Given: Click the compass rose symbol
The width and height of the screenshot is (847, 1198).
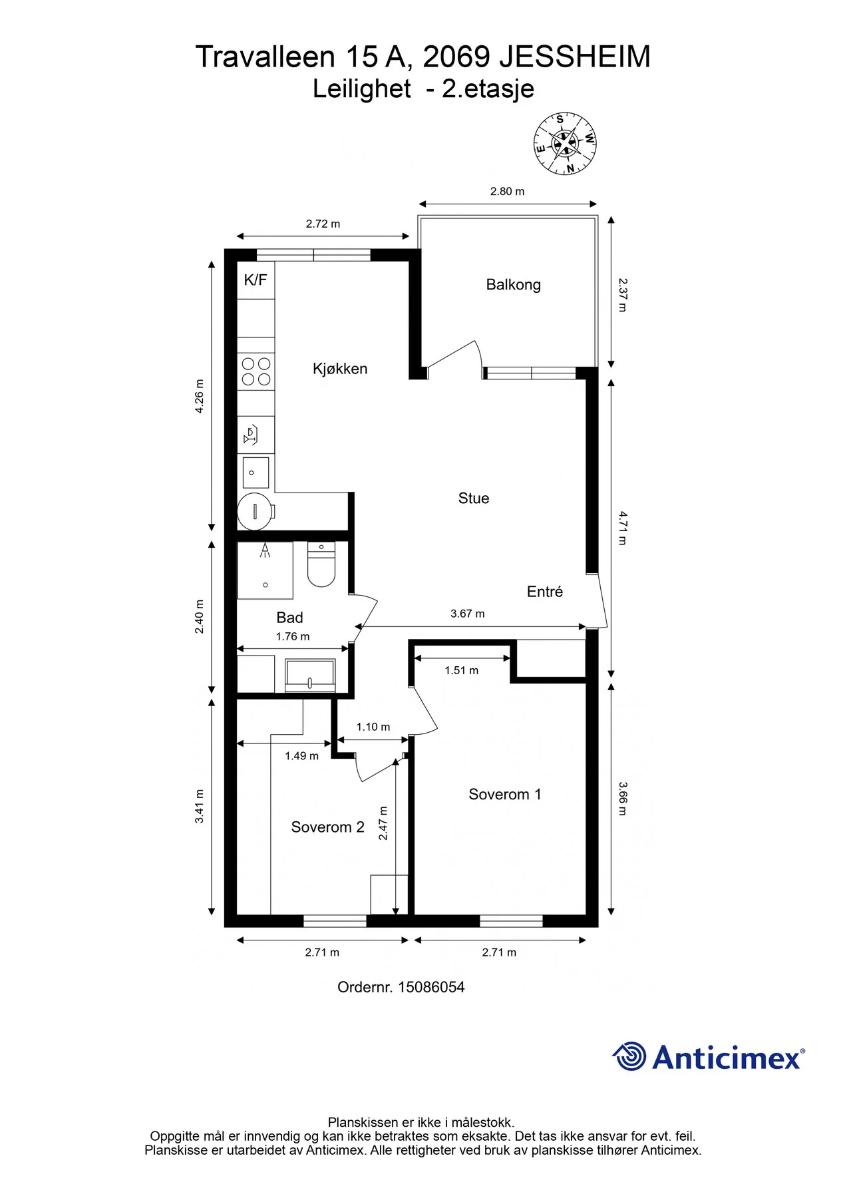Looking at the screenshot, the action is click(x=565, y=144).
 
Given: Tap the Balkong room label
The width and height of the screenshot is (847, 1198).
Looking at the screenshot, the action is click(x=513, y=285).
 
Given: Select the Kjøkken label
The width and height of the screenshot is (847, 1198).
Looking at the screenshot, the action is click(x=340, y=369).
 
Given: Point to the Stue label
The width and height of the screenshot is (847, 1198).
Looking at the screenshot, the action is click(x=474, y=499).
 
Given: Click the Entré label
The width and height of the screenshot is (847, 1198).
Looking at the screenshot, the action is click(x=545, y=592).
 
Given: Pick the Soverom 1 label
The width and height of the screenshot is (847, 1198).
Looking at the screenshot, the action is click(x=505, y=795).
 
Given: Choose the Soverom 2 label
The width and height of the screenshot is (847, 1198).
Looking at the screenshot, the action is click(x=327, y=827).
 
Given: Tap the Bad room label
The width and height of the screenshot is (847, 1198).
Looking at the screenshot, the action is click(x=289, y=618).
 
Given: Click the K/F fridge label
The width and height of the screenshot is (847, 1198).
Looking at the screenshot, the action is click(x=255, y=280).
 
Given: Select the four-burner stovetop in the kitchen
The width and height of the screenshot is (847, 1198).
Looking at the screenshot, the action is click(x=256, y=371).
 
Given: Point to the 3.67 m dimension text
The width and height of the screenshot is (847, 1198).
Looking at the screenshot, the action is click(x=468, y=614).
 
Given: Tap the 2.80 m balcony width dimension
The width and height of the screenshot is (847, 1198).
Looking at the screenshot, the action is click(x=507, y=192).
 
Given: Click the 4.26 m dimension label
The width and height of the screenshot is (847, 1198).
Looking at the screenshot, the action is click(x=200, y=397).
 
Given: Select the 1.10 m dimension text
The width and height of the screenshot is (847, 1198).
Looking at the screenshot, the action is click(x=373, y=727).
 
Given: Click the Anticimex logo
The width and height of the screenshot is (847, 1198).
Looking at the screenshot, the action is click(x=709, y=1056).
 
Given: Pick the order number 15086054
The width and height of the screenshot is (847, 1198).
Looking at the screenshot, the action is click(x=431, y=987).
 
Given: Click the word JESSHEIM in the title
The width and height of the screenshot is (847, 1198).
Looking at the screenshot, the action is click(x=575, y=57).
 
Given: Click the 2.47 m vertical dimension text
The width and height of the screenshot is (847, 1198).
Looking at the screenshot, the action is click(x=383, y=823).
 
